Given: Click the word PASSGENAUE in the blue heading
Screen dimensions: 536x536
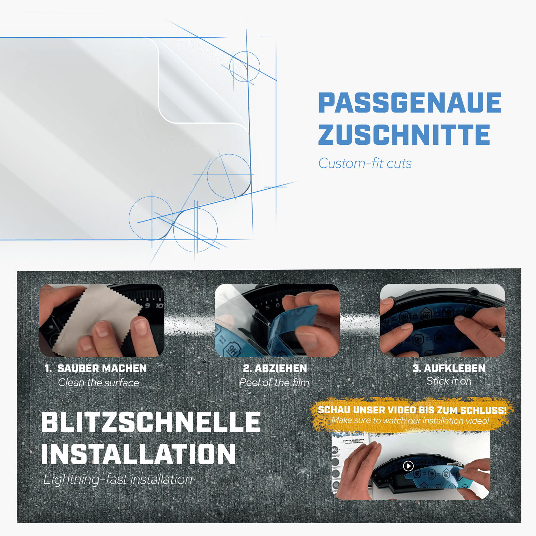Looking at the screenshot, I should [x=410, y=103].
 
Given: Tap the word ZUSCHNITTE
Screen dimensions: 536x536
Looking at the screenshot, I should [x=404, y=135].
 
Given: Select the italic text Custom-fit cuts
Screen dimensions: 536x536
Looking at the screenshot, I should [x=365, y=164].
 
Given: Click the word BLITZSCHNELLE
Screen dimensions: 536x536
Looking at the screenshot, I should [x=151, y=422].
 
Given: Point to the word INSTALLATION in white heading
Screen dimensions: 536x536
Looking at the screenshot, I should [x=138, y=454].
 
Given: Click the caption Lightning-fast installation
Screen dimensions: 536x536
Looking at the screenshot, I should [x=118, y=480].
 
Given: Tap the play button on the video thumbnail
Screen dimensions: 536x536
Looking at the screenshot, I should [x=408, y=466].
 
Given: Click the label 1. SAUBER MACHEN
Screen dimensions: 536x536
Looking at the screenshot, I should [x=96, y=368].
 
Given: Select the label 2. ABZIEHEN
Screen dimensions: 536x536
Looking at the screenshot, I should [x=275, y=368].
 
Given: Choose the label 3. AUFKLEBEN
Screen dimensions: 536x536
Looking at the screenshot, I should [x=449, y=368].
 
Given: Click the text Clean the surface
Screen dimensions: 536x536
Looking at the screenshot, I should [x=98, y=383].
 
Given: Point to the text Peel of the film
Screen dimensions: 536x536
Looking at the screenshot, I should [x=274, y=383].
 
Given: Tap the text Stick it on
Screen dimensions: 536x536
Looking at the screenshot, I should [x=449, y=381].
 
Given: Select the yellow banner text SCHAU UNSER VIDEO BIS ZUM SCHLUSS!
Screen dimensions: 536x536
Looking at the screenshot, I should [x=412, y=410].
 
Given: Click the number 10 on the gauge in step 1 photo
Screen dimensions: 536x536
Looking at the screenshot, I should [x=159, y=306].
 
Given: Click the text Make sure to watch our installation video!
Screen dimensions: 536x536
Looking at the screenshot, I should [x=410, y=421].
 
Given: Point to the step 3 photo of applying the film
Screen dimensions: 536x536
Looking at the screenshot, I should [x=442, y=321].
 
